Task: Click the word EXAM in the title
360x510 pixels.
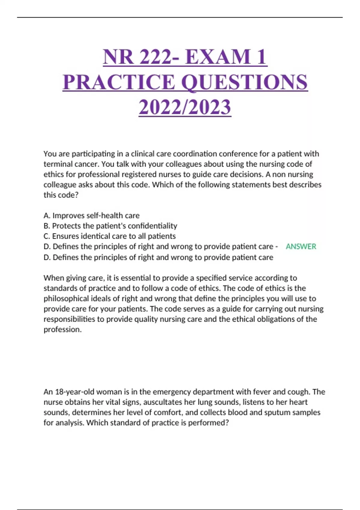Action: point(218,57)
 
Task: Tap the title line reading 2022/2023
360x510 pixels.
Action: point(185,107)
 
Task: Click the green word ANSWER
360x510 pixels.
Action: point(301,247)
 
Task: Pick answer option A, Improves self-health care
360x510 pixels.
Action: point(91,216)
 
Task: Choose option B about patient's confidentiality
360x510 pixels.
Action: point(110,226)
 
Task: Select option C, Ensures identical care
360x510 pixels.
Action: point(109,236)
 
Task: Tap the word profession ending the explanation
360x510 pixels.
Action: point(62,329)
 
